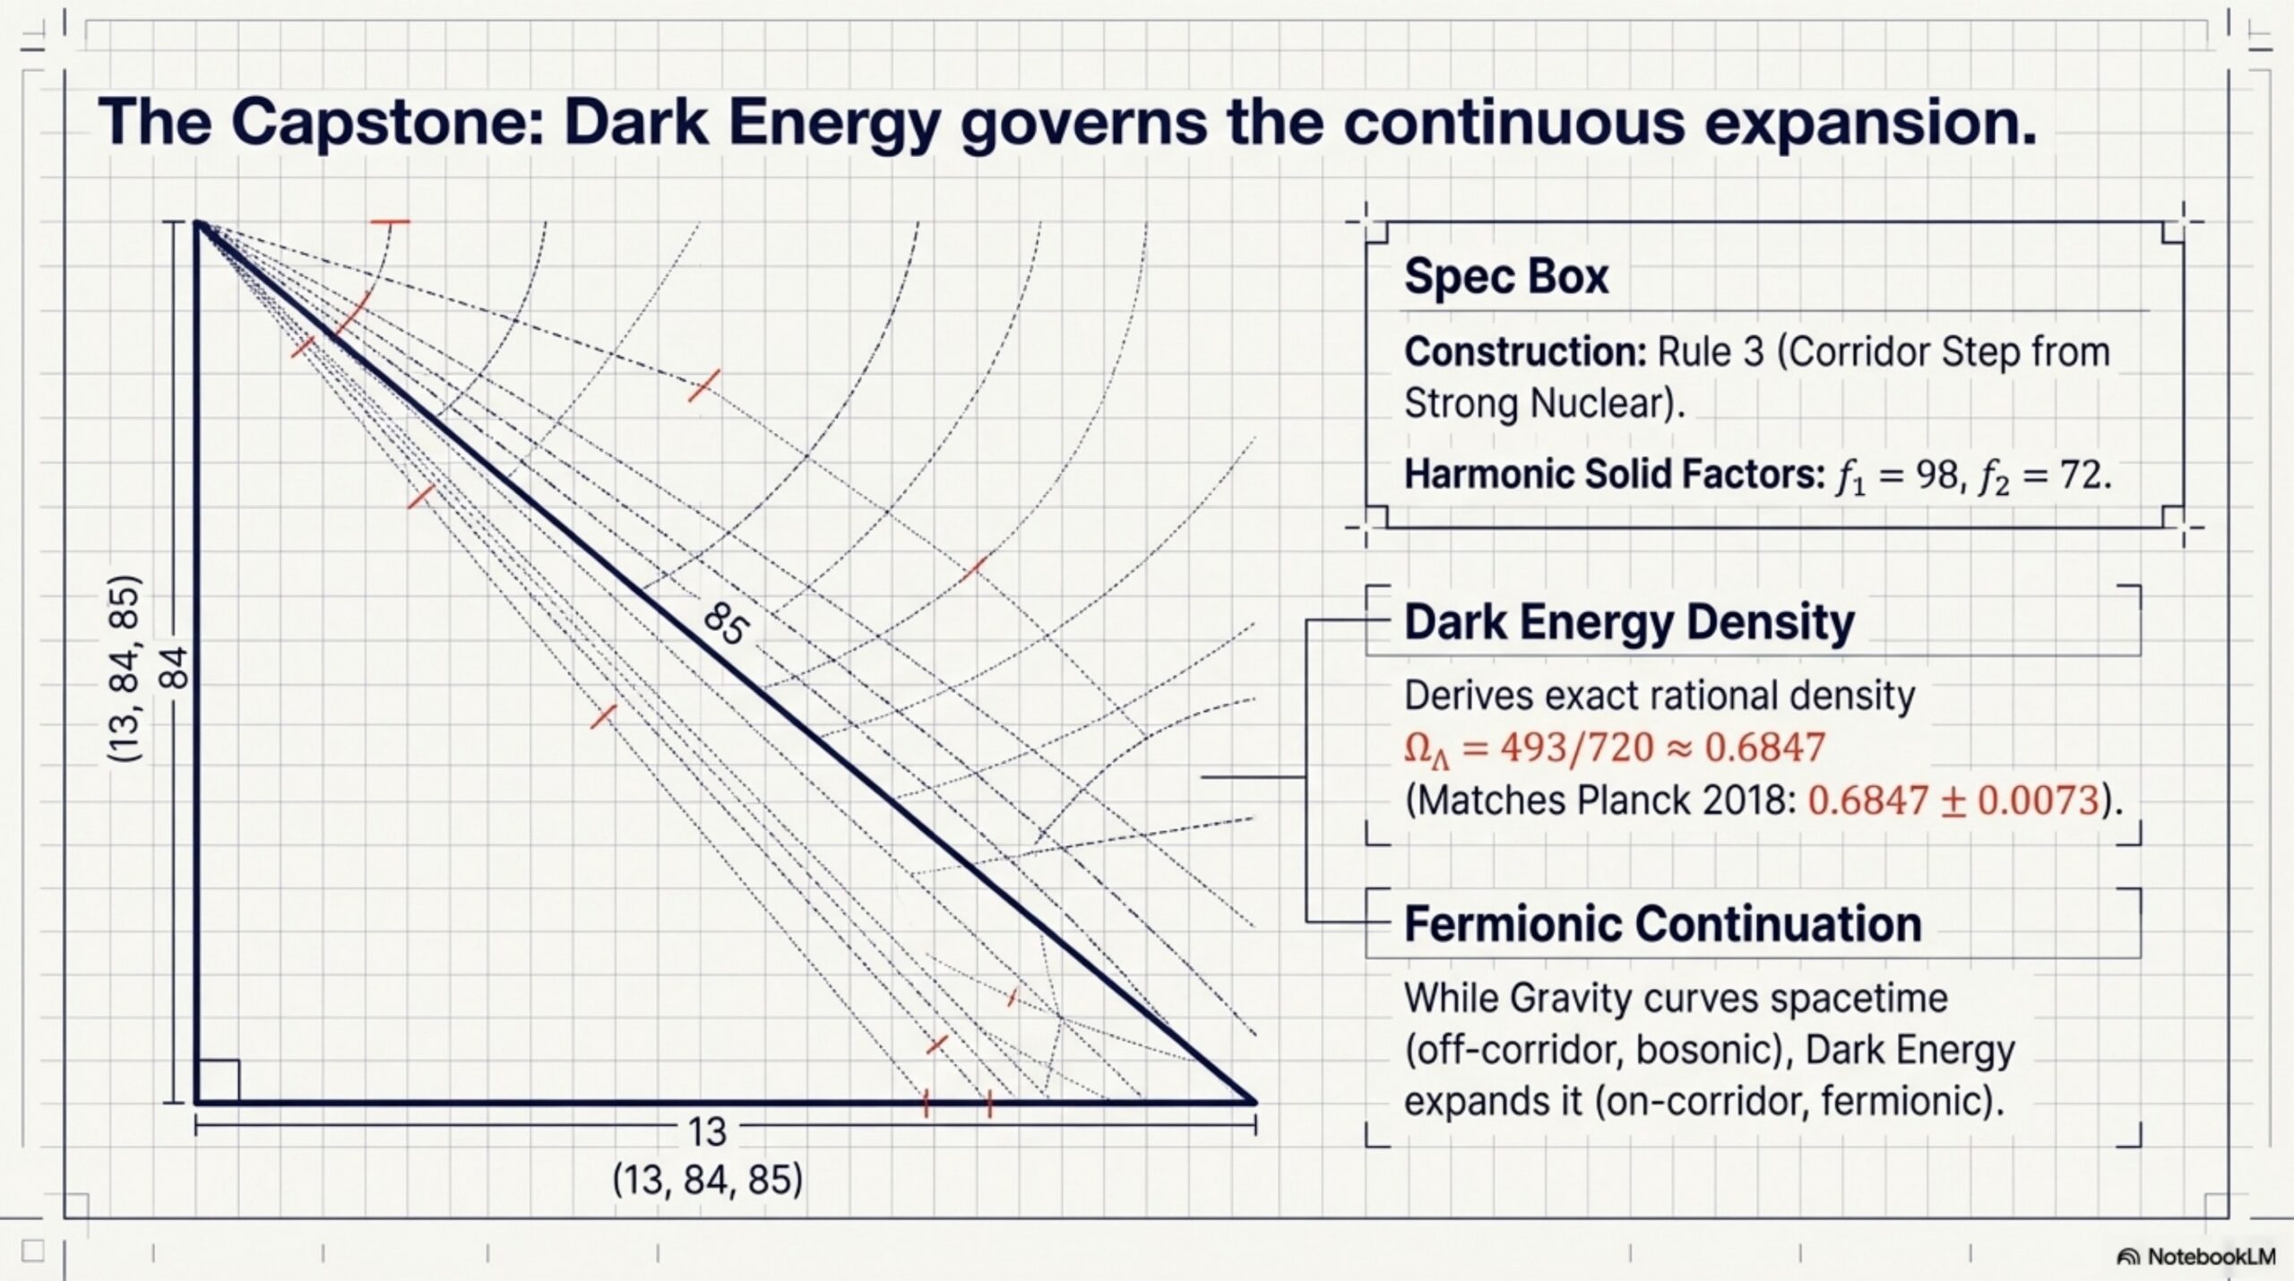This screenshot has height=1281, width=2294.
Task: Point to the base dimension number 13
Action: (707, 1133)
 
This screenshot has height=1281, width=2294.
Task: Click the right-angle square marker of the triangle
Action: (219, 1081)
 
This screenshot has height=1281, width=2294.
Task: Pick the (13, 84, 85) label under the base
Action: (707, 1180)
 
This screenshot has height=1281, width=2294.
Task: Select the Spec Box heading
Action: (1506, 276)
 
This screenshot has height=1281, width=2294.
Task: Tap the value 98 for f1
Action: (1936, 474)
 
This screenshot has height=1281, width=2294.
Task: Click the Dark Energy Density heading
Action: (1629, 622)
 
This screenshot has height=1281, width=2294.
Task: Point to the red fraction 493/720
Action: (1576, 747)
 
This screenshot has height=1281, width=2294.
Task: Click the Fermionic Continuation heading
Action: (1662, 924)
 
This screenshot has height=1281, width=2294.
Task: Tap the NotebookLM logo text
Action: (2211, 1257)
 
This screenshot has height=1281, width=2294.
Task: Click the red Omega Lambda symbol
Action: (1426, 749)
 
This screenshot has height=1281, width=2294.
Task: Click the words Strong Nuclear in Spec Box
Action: (1544, 403)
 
